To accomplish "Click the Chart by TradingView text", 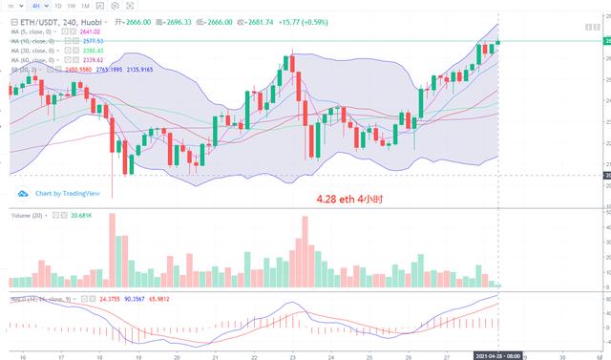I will click(x=66, y=193).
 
